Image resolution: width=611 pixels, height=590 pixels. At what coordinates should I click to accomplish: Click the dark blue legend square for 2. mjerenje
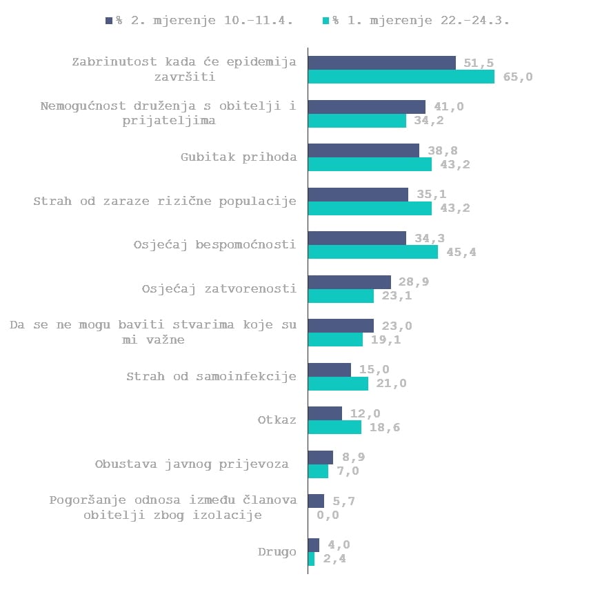(109, 20)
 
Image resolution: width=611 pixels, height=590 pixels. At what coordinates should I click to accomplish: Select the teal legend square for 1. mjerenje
(325, 20)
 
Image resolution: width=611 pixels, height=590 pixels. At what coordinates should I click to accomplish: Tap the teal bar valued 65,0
(401, 77)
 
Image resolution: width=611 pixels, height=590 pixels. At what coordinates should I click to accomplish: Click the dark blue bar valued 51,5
(382, 63)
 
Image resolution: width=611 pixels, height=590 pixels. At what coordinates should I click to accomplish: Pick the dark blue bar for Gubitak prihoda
(363, 150)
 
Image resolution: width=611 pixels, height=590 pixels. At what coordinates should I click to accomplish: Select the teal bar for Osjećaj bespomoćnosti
(373, 252)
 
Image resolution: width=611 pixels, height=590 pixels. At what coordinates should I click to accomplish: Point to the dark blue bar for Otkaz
(325, 413)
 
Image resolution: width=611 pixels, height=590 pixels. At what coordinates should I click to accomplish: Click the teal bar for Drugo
(311, 559)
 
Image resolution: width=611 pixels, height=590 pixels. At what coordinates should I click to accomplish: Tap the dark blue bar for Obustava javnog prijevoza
(321, 458)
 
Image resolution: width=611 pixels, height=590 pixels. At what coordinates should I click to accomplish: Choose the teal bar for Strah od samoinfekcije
(338, 383)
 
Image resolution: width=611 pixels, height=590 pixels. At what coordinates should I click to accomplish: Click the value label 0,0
(328, 515)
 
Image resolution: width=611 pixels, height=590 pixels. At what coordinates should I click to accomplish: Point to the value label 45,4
(461, 253)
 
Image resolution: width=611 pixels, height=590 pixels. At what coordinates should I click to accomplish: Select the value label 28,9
(414, 282)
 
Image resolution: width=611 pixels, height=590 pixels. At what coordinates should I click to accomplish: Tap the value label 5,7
(343, 501)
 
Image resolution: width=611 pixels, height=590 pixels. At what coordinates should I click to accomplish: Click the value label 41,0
(449, 107)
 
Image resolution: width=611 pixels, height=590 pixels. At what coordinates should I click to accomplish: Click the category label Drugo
(277, 552)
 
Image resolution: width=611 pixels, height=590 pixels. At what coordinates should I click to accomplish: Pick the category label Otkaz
(277, 420)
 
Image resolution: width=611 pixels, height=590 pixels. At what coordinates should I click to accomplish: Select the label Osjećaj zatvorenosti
(219, 289)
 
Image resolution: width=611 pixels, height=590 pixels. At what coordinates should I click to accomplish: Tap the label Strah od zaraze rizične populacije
(165, 201)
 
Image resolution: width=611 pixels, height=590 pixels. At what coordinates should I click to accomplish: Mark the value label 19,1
(385, 340)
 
